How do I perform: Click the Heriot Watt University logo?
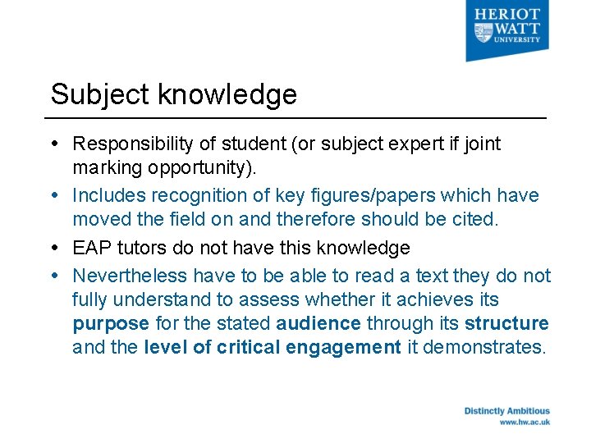[x=506, y=30]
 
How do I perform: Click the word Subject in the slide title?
[x=100, y=95]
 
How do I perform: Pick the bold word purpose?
[x=111, y=322]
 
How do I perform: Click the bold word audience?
[x=318, y=322]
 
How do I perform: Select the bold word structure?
[x=506, y=322]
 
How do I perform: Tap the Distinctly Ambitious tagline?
[x=506, y=411]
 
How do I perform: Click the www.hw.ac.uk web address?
[x=525, y=422]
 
